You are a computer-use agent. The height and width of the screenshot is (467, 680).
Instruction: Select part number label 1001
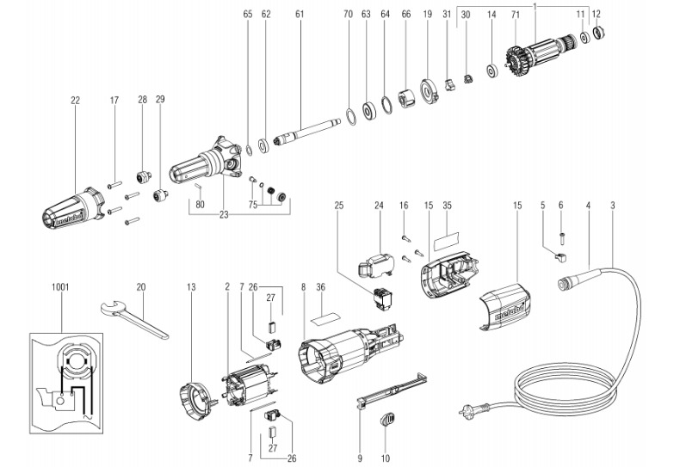tap(61, 286)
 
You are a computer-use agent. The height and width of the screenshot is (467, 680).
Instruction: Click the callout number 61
tap(299, 15)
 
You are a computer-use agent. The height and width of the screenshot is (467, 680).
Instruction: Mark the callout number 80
tap(200, 205)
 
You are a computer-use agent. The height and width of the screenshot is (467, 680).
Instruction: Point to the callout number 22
tap(75, 101)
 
